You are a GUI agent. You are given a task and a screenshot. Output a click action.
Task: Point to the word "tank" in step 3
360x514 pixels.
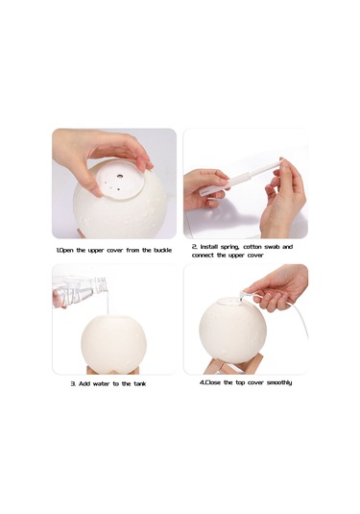(x=136, y=383)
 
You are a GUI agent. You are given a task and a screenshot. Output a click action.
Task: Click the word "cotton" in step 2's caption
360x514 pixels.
(x=256, y=247)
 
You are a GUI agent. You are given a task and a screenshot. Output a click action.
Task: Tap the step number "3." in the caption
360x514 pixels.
(x=73, y=383)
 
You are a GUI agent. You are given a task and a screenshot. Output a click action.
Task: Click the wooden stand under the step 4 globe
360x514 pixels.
(x=221, y=367)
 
